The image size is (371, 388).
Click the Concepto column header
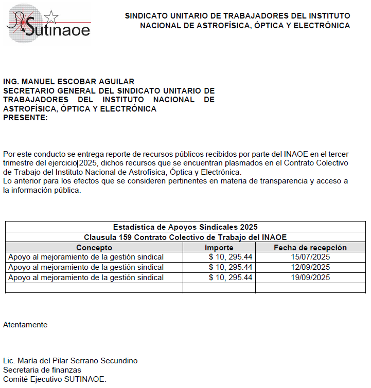pos(94,247)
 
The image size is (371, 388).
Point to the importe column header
pos(219,247)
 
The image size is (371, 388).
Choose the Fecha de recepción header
pos(310,247)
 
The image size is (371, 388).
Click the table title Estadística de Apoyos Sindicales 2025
pos(185,227)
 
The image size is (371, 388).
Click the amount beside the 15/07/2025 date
pos(231,257)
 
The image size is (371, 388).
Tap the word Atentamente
pos(25,325)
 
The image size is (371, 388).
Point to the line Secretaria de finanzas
pos(42,370)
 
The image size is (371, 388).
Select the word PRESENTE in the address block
pos(25,118)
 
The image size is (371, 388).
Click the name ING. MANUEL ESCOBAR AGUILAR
pos(69,82)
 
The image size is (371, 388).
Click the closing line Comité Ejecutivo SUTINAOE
pos(55,379)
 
